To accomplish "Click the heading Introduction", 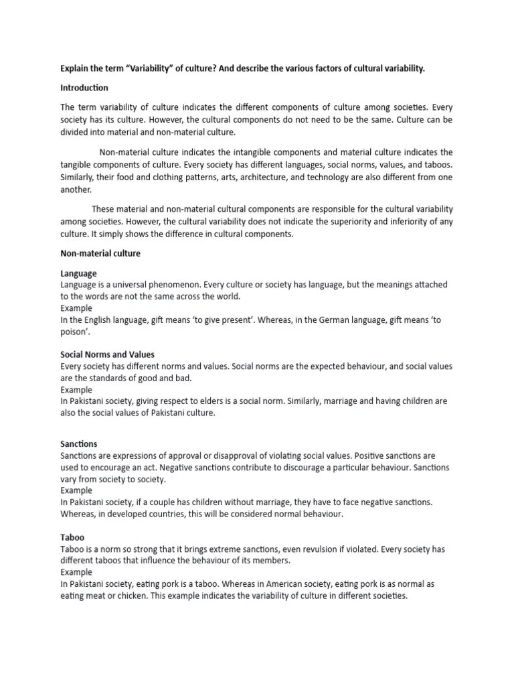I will [x=84, y=88].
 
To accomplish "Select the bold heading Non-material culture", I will [x=100, y=254].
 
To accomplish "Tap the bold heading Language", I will [x=78, y=273].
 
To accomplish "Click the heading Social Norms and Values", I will [x=107, y=354].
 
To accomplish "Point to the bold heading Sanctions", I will [x=78, y=443].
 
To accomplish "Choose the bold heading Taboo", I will [x=72, y=537].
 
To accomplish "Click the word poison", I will [x=76, y=332].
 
